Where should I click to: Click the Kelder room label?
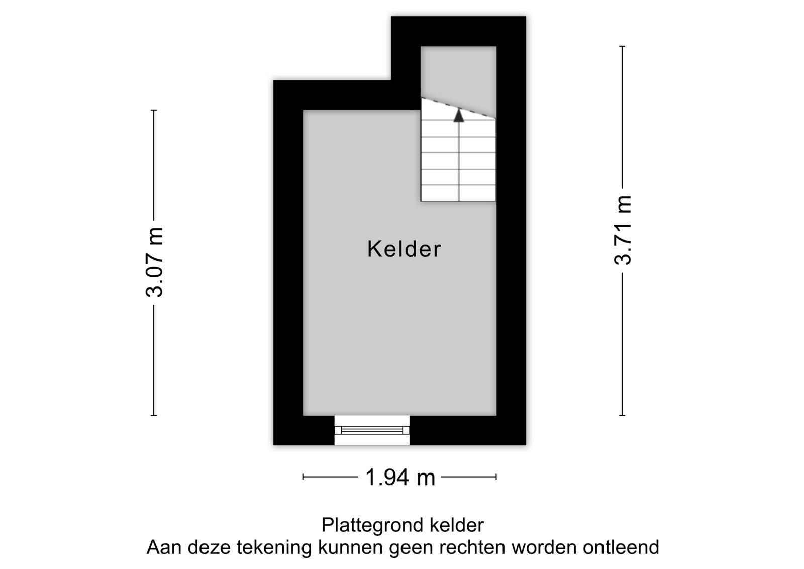tap(404, 249)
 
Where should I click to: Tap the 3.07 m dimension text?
tap(154, 262)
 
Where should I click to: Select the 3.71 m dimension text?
tap(623, 230)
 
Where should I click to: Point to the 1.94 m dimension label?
tap(400, 478)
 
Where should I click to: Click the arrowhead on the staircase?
tap(459, 116)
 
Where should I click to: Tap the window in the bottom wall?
tap(372, 430)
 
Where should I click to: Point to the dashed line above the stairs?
tap(459, 108)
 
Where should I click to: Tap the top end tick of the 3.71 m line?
tap(623, 46)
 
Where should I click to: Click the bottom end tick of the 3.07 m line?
tap(154, 415)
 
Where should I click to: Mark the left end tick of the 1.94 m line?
tap(303, 477)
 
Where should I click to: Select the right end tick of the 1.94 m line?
tap(496, 477)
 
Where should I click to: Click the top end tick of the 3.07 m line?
tap(154, 110)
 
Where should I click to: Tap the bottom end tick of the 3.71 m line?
tap(623, 415)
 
